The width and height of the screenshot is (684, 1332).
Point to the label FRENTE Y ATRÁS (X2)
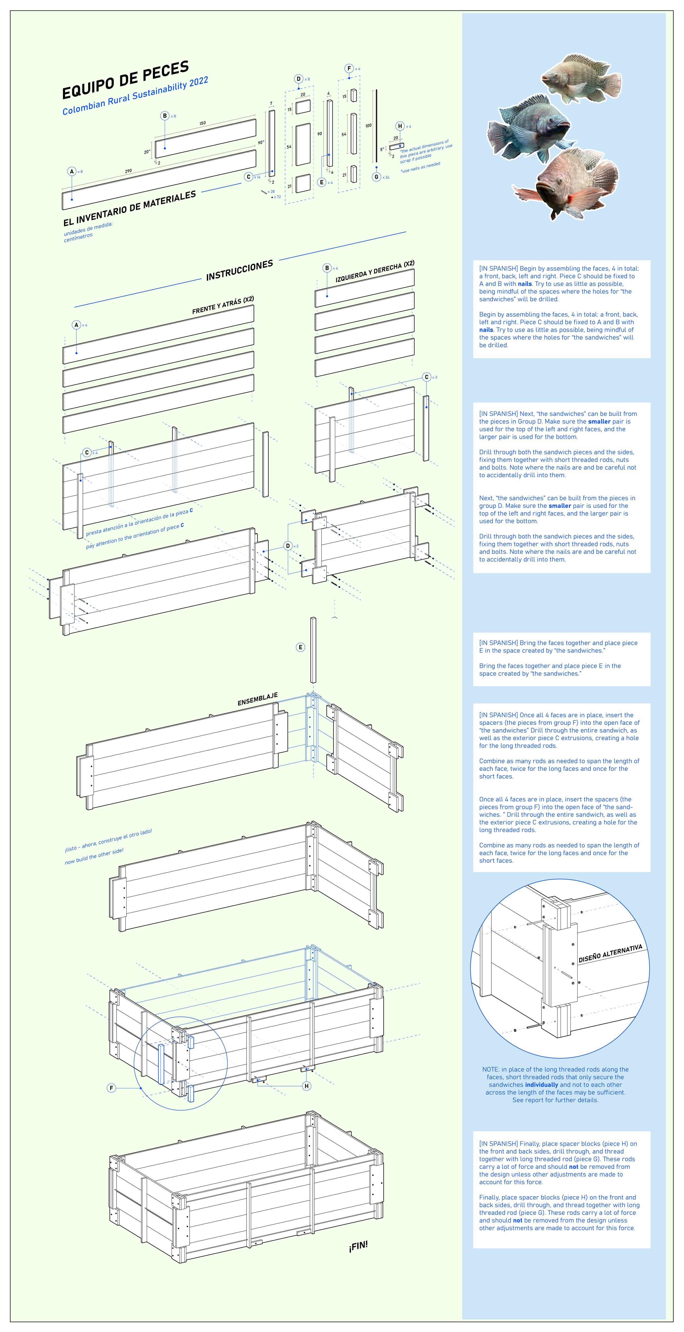[223, 305]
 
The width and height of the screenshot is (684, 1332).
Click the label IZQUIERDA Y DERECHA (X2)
[375, 272]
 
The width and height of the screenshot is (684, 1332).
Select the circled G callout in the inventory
[376, 177]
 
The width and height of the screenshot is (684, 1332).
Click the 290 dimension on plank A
[128, 171]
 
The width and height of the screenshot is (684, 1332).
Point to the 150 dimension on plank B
[203, 123]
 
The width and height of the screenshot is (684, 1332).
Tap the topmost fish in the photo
[582, 77]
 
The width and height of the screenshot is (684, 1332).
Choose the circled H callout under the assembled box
[307, 1086]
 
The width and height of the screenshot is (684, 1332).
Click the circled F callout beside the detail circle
[111, 1088]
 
